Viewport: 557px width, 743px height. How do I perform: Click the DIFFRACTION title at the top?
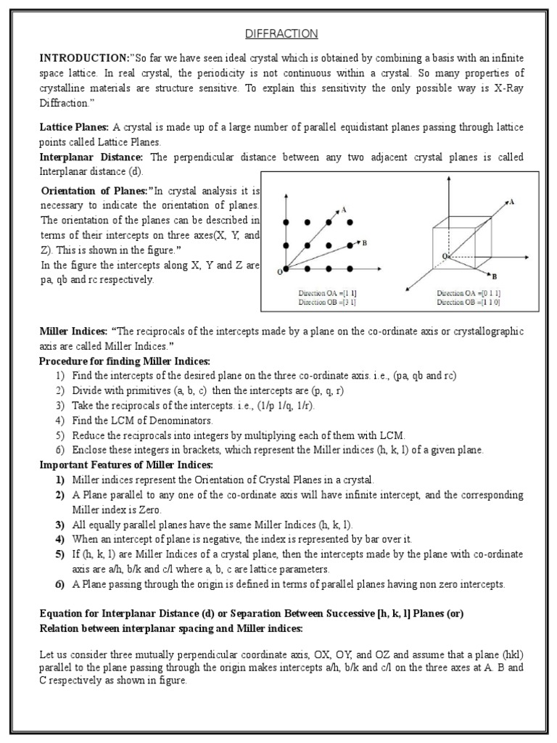click(278, 34)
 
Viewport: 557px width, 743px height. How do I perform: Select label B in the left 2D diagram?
click(364, 243)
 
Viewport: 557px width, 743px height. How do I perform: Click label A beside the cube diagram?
click(512, 202)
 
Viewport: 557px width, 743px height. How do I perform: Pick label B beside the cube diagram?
click(494, 276)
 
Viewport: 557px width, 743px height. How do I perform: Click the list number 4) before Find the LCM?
click(59, 420)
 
